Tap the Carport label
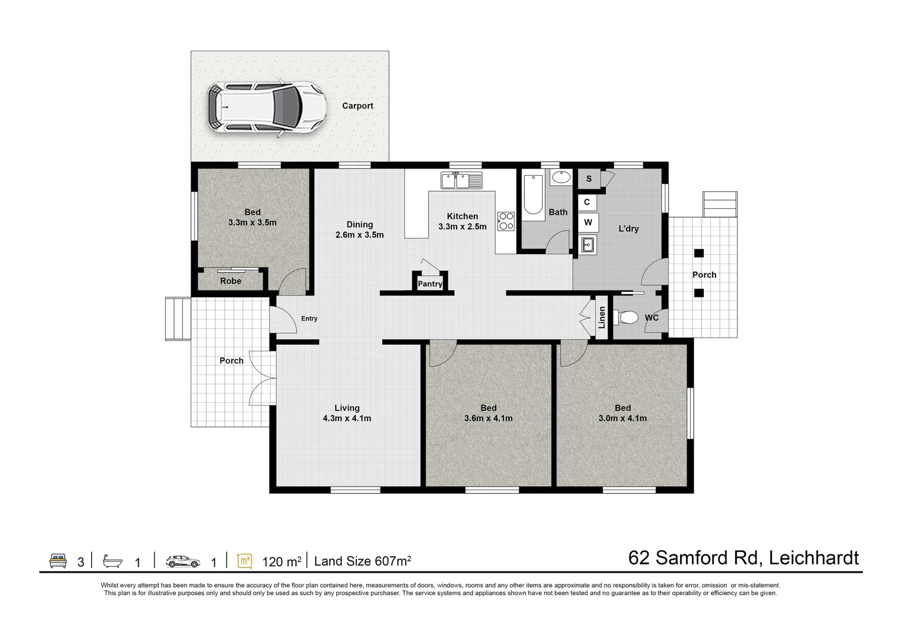357,106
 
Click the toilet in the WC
627,318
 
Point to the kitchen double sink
461,180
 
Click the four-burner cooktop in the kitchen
506,221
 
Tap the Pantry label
430,284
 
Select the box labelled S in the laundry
588,179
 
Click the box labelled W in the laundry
588,222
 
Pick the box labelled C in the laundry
587,202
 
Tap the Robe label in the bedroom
231,281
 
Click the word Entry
309,318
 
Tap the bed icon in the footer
58,560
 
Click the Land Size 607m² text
362,561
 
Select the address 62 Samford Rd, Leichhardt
743,557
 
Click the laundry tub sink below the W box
588,244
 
